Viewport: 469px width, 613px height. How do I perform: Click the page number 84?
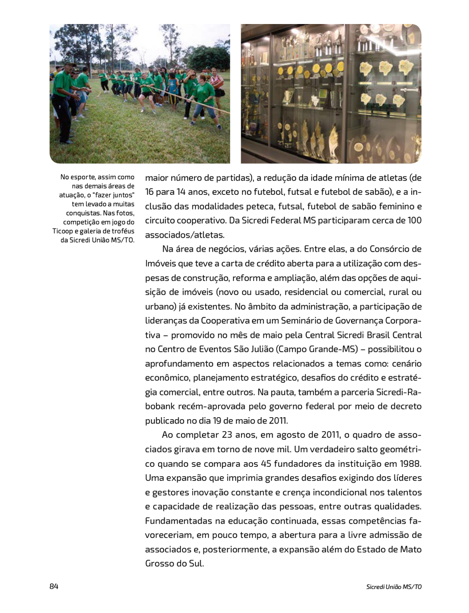(54, 586)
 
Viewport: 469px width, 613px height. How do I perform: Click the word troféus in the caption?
(122, 231)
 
